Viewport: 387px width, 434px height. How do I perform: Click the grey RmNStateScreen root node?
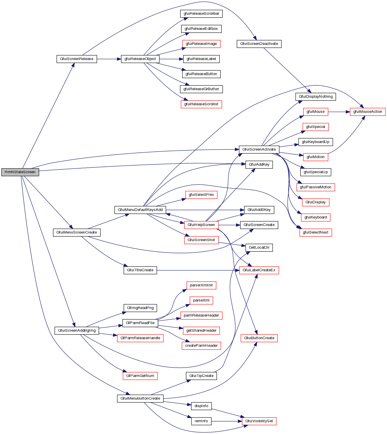tap(20, 172)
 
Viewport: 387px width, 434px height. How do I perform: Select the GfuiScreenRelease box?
tap(77, 59)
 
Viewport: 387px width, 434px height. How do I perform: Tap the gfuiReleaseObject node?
tap(140, 59)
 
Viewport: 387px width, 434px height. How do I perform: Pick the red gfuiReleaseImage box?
tap(201, 44)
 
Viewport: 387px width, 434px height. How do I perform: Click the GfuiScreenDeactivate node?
tap(259, 44)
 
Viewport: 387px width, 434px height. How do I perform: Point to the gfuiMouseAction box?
tap(368, 112)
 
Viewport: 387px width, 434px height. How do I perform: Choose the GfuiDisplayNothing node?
tap(316, 97)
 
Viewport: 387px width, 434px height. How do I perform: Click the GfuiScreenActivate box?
tap(259, 149)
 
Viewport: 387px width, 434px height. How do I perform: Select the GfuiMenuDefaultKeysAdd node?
tap(140, 210)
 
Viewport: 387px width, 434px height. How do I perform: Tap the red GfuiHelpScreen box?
tap(201, 225)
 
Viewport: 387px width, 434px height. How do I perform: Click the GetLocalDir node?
tap(259, 248)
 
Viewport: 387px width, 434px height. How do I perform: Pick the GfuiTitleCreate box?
tap(140, 270)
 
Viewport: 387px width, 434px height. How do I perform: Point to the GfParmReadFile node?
tap(140, 323)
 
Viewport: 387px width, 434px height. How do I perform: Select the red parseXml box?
tap(201, 300)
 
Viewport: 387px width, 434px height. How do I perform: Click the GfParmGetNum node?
tap(140, 376)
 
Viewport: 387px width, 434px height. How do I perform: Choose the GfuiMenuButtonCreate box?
tap(140, 398)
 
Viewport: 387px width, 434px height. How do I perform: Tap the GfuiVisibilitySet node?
tap(259, 421)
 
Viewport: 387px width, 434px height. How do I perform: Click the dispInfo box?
tap(201, 406)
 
